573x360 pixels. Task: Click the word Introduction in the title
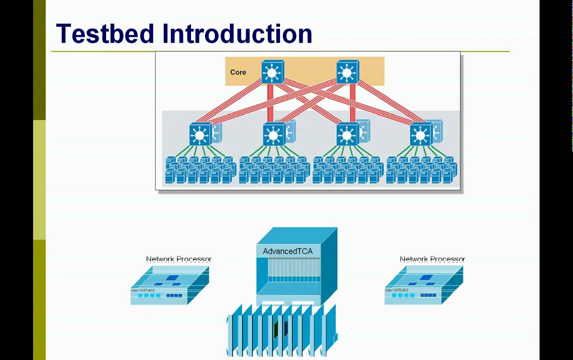tap(237, 34)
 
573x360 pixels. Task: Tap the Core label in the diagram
tap(238, 72)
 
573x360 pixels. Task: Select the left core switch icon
tap(272, 72)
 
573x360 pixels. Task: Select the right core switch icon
tap(347, 72)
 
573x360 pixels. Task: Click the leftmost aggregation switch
tap(200, 134)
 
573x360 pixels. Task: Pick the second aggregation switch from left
tap(274, 134)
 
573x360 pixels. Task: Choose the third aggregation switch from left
tap(347, 134)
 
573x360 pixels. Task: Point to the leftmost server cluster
tap(200, 170)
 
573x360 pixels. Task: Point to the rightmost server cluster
tap(421, 170)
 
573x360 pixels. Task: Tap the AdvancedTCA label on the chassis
tap(287, 251)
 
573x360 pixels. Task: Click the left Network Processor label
tap(178, 259)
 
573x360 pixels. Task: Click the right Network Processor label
tap(432, 259)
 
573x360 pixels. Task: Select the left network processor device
tap(169, 285)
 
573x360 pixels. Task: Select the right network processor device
tap(423, 285)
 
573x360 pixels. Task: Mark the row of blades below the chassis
tap(282, 330)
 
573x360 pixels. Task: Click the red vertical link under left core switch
tap(270, 102)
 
